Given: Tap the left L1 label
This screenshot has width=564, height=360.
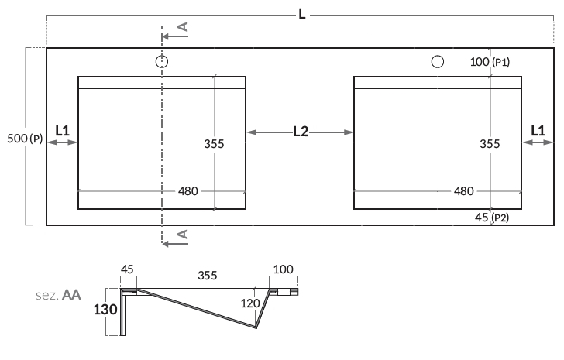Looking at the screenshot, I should point(63,131).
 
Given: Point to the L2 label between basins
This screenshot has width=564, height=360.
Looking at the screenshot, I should point(301,132).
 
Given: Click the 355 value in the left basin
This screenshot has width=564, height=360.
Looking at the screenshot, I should point(215,143).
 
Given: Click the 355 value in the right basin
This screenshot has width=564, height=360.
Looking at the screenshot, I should point(490,143).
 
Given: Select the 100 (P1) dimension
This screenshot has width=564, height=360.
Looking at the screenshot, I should point(490,62).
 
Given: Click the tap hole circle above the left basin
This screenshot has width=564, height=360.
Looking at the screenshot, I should point(161,61).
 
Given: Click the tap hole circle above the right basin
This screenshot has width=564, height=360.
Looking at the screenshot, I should point(437,61).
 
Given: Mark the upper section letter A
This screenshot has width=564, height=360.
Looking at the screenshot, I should point(183,27).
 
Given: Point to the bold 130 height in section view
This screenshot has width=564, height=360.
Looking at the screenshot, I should point(105,310).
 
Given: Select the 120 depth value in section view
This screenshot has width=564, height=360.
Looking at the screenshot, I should point(249,304).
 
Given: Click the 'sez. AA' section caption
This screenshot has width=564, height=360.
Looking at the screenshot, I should point(59,295).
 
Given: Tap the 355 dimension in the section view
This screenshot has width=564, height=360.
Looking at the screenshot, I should point(207,275).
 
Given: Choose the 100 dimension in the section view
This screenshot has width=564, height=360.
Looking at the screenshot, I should point(284,269).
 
